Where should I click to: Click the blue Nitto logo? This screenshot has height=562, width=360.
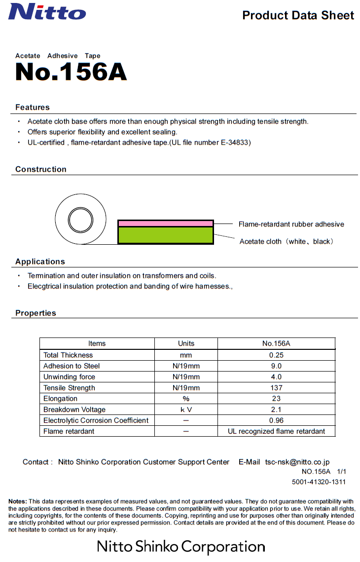47,11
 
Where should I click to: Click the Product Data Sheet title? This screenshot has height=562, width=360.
298,15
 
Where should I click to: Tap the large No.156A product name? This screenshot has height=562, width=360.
71,72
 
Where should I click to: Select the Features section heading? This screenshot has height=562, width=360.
33,107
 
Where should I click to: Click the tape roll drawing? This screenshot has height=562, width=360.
80,220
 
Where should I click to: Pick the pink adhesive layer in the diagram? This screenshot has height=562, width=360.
165,224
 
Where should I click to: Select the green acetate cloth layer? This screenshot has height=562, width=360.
165,235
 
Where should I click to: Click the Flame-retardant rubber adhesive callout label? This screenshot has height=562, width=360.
291,224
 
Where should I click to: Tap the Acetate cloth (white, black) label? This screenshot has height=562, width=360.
286,241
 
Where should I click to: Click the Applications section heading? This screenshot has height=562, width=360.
40,262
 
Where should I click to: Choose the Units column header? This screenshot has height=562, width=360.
186,343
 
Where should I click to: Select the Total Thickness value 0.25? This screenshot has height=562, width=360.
276,355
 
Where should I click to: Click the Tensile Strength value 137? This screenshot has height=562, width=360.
276,388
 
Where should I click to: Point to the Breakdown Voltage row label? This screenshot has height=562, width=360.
74,410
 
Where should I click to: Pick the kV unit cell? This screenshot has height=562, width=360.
186,410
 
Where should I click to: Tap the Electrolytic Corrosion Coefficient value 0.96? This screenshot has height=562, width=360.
276,420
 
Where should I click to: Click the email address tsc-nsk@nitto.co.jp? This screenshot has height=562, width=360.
297,462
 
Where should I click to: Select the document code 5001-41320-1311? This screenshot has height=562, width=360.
319,482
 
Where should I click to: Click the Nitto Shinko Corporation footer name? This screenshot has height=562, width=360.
180,546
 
